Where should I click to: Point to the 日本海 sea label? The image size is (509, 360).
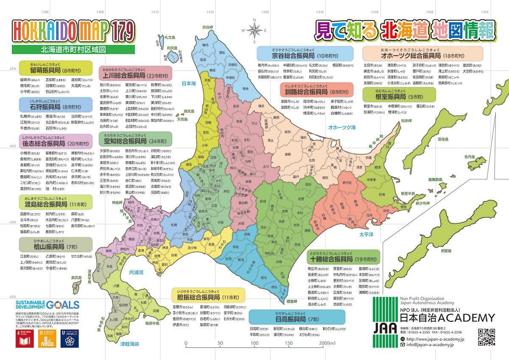(188, 84)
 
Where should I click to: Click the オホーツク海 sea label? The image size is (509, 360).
(341, 127)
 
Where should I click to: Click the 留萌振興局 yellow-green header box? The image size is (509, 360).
(56, 68)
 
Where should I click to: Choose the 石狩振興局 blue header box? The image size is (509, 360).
(56, 104)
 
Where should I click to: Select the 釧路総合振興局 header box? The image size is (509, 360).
(316, 90)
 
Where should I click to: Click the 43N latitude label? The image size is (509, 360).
(13, 222)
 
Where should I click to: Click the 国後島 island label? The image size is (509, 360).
(443, 139)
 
